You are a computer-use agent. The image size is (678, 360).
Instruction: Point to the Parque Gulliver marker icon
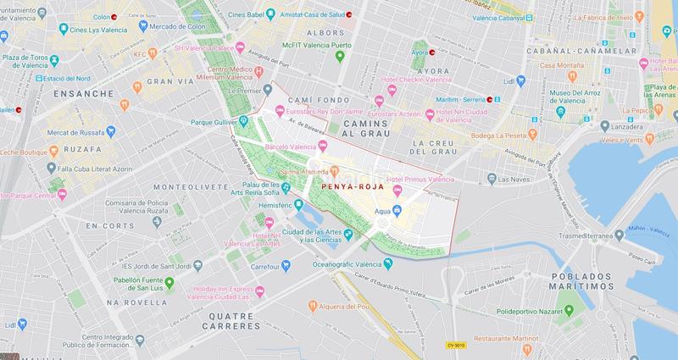click(243, 120)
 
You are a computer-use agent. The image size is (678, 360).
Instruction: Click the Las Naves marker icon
click(492, 179)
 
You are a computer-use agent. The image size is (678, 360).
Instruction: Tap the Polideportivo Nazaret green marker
click(569, 310)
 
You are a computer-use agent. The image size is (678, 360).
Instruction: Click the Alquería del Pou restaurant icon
click(313, 304)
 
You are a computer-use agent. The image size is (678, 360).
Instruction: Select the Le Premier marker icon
click(267, 89)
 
